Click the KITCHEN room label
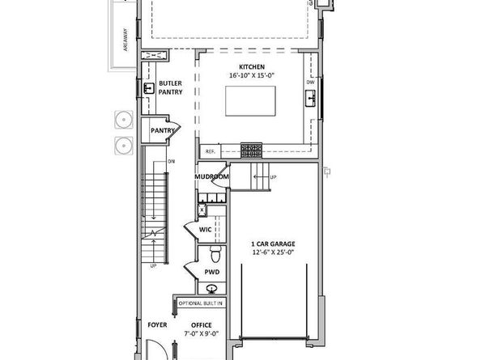click(251, 66)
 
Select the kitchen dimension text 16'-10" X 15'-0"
click(251, 76)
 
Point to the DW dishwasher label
click(310, 83)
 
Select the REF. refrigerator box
click(210, 150)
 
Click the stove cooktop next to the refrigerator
click(252, 148)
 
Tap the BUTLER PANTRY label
click(170, 87)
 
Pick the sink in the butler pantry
click(150, 88)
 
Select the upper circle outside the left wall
click(124, 120)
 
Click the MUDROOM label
click(212, 176)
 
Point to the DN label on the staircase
click(171, 162)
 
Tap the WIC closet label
click(206, 229)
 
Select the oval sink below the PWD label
click(212, 289)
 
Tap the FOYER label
click(156, 325)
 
